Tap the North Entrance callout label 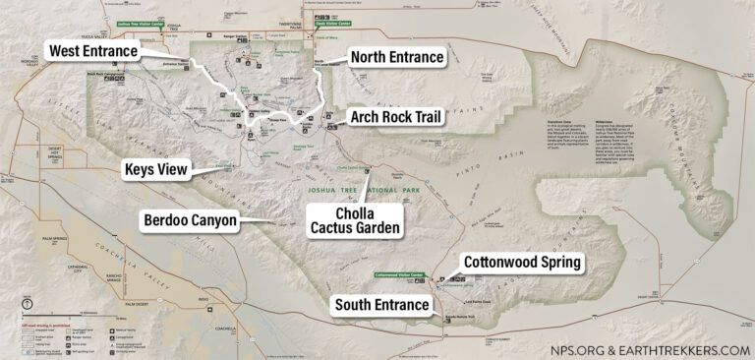[398, 58]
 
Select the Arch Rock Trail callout [396, 118]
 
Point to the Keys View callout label [155, 170]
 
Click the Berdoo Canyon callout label [190, 220]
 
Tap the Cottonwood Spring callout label [523, 263]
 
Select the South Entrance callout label [381, 304]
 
